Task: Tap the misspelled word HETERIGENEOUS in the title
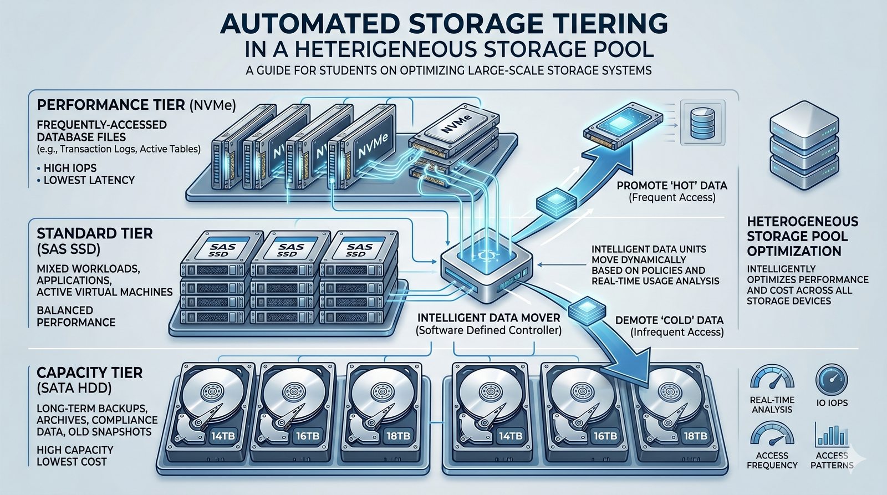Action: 393,49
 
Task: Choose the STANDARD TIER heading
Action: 94,233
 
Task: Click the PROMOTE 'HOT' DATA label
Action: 672,186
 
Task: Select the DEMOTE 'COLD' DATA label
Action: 669,320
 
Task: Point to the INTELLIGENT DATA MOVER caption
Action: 488,318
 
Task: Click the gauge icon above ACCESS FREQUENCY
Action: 772,433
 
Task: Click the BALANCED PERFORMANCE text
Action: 76,316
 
